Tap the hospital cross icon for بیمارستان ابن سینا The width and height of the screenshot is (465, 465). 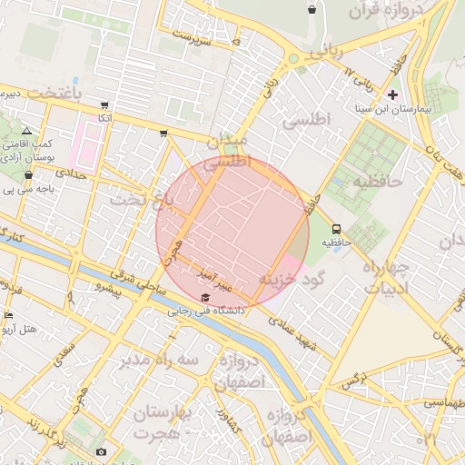[392, 94]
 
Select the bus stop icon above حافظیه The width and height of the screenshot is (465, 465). [337, 229]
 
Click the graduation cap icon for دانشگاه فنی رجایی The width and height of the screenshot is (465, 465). [205, 298]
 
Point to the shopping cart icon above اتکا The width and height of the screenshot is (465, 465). [105, 105]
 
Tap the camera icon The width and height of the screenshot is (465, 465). [101, 452]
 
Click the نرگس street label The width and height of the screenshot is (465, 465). [354, 378]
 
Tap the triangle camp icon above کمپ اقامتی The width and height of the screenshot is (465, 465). [25, 132]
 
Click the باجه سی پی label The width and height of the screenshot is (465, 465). [23, 191]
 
